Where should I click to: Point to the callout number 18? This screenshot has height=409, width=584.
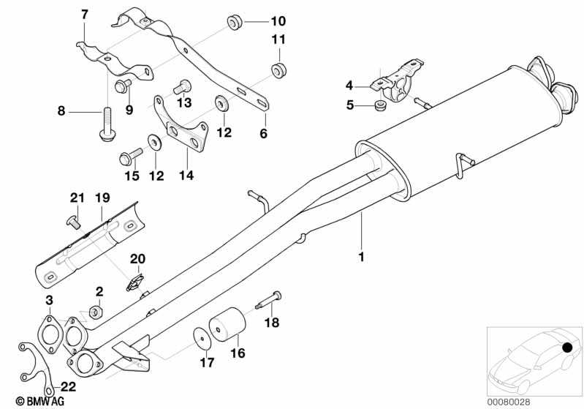pyautogui.click(x=271, y=323)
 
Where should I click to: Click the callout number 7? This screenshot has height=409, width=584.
pyautogui.click(x=84, y=14)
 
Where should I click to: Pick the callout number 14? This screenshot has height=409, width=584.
pyautogui.click(x=186, y=176)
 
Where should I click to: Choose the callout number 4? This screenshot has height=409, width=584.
pyautogui.click(x=349, y=85)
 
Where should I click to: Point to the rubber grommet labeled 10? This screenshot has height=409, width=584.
pyautogui.click(x=235, y=22)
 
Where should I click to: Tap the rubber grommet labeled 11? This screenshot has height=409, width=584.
pyautogui.click(x=278, y=70)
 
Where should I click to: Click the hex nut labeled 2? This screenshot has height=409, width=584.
pyautogui.click(x=95, y=312)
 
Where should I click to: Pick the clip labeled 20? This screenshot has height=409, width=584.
pyautogui.click(x=134, y=280)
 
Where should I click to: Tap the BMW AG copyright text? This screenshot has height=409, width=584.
pyautogui.click(x=26, y=401)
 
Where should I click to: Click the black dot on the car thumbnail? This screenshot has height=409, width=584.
pyautogui.click(x=567, y=348)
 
